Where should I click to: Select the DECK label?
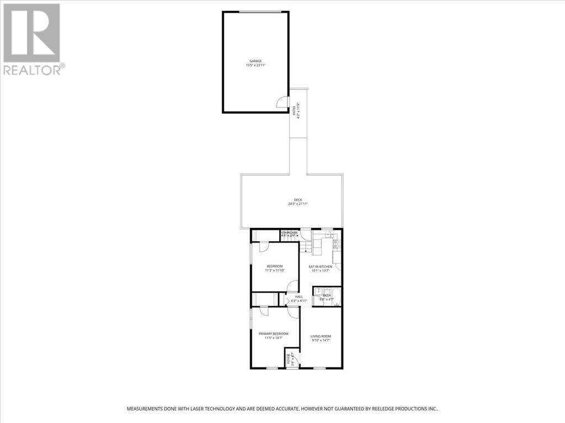pos(297,200)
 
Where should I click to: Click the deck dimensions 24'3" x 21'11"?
pos(297,204)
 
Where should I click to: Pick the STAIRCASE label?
pos(289,233)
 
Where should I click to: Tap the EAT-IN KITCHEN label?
pos(320,267)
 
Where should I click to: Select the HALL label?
pos(299,296)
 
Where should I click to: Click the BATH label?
pos(327,296)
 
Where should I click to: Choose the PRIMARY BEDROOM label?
pos(274,333)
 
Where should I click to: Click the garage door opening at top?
pos(255,12)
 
